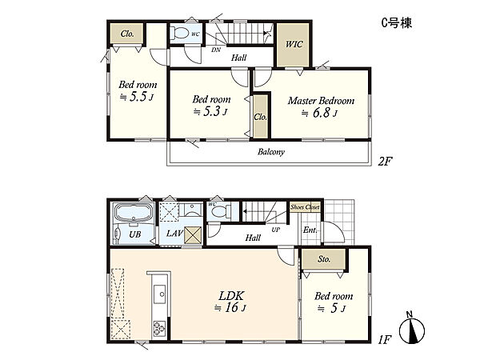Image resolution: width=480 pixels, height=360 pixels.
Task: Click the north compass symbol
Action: point(412,329)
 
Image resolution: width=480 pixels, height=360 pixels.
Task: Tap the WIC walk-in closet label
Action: point(294,44)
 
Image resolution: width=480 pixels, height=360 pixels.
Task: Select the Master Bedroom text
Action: point(321,101)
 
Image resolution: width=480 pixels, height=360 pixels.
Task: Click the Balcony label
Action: point(271,152)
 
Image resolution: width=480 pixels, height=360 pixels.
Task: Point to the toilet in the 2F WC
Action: point(180,33)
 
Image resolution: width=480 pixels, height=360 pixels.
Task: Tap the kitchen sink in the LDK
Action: point(159,294)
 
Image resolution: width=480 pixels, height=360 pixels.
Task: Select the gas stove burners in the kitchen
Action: point(159,328)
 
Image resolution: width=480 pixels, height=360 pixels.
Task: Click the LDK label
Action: point(231,296)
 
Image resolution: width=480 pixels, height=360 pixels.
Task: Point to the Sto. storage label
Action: point(324,259)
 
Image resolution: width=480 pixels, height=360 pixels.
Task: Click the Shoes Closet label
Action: point(305,207)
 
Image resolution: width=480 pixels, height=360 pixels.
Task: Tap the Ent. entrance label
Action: point(310,230)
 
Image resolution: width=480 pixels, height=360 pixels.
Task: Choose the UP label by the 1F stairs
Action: point(276,230)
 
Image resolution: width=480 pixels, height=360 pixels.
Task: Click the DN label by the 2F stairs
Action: point(216,50)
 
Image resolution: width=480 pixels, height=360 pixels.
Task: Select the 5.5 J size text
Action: point(137,97)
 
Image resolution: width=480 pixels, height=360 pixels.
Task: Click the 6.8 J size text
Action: point(319,113)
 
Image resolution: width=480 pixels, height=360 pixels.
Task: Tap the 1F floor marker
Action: point(384,339)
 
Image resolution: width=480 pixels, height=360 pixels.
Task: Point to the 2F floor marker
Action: point(385,161)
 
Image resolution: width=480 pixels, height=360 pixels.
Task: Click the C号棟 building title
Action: point(397,23)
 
